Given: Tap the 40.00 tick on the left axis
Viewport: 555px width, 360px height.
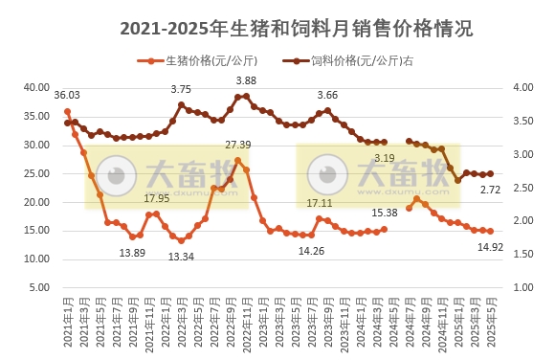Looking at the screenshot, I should (36, 87).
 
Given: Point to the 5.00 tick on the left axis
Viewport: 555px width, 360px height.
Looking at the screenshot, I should (38, 287).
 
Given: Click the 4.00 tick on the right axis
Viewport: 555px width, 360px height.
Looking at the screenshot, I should (520, 87).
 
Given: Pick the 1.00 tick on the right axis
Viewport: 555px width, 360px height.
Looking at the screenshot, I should (520, 287).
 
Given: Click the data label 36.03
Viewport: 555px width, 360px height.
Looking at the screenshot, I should (67, 96).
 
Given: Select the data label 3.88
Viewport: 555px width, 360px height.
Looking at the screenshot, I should (246, 80).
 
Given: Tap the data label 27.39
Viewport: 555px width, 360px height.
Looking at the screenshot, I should (237, 145).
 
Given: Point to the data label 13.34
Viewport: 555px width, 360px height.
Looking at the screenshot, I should (181, 257).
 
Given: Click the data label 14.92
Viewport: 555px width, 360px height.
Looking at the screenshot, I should (490, 246).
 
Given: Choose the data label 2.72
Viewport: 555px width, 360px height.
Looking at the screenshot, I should (490, 190).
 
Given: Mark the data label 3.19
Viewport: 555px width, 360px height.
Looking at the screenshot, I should (384, 158).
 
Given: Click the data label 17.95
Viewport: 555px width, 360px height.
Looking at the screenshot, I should (156, 198).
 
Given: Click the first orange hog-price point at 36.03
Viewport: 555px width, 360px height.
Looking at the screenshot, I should (67, 111).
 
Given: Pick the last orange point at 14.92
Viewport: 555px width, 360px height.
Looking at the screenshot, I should (490, 231).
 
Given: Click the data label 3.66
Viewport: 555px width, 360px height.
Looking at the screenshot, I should (327, 95).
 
